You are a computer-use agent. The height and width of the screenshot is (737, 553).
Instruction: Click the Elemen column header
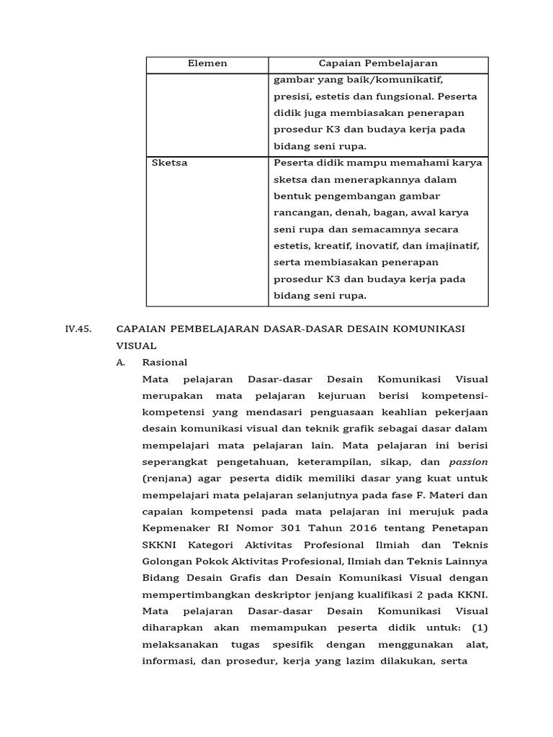[x=207, y=63]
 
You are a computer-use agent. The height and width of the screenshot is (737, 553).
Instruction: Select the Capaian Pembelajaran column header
[x=378, y=63]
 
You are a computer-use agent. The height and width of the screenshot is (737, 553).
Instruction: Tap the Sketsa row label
[x=170, y=163]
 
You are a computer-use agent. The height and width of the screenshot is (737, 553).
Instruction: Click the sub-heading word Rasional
[x=165, y=362]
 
